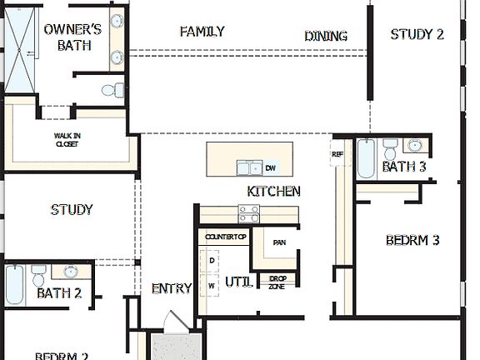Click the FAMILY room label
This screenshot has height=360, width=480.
202,32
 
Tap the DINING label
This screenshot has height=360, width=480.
325,36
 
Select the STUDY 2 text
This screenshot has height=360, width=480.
417,34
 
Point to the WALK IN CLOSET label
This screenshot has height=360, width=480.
67,139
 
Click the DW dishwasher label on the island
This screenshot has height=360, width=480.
270,168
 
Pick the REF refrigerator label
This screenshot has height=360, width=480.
337,154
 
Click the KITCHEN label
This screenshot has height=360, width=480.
273,192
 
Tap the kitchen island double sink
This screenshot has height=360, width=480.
247,167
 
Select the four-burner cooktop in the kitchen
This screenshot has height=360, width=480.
248,215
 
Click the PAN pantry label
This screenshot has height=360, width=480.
280,242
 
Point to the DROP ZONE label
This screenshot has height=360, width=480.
277,282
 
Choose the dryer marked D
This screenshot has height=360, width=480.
212,261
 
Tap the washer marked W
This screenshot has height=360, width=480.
212,285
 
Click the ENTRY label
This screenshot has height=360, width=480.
172,289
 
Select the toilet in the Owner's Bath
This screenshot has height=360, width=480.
111,90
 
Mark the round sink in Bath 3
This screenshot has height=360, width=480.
416,149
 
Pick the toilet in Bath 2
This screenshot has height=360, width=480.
38,272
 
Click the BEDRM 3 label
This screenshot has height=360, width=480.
412,241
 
